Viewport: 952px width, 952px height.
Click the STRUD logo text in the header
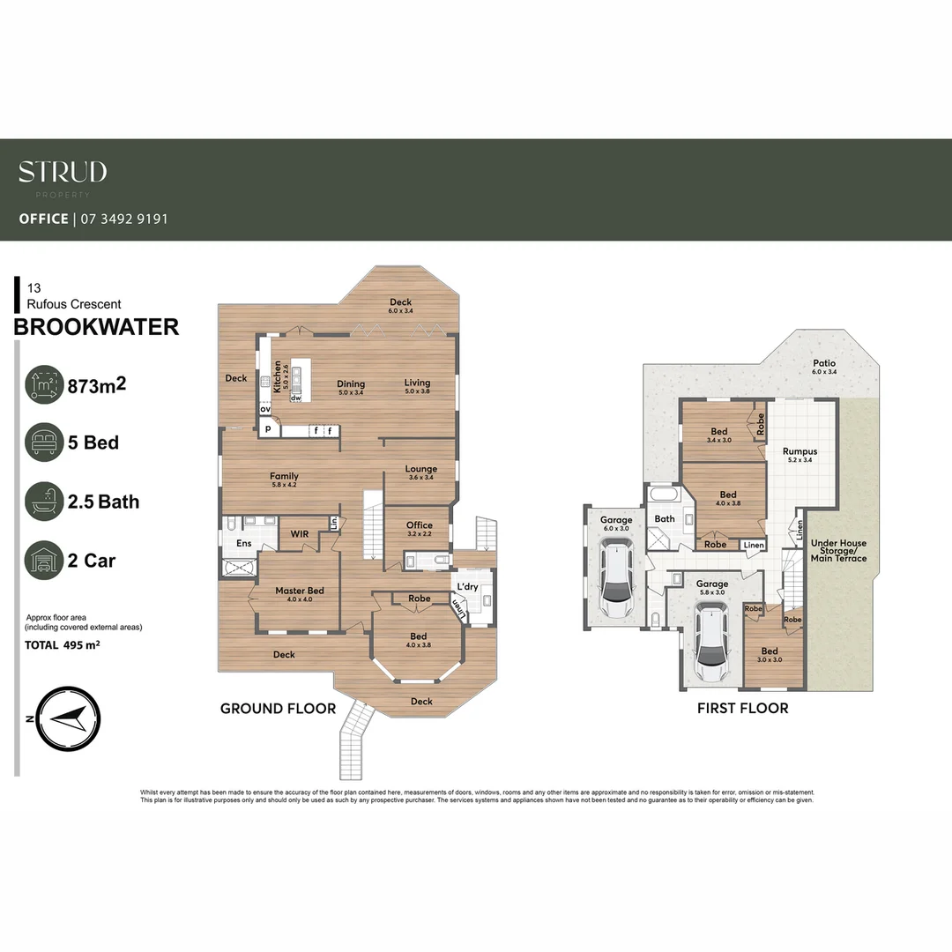click(x=63, y=172)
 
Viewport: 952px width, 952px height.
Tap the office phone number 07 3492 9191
click(x=123, y=219)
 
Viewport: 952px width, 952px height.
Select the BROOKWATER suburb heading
click(x=97, y=327)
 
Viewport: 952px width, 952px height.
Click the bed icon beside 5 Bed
click(x=42, y=442)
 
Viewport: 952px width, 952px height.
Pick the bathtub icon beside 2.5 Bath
click(x=42, y=501)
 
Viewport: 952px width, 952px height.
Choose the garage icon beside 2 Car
click(x=42, y=560)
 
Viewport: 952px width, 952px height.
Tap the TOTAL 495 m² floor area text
click(x=62, y=645)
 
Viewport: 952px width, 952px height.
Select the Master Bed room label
click(x=299, y=591)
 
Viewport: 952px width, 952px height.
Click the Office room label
click(x=420, y=525)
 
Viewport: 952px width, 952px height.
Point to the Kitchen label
click(x=277, y=376)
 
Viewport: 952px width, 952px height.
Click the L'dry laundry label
click(x=467, y=587)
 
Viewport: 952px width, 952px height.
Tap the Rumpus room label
click(x=800, y=451)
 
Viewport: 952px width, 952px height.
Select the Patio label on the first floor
click(x=823, y=363)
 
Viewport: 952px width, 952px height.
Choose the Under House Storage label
click(x=838, y=551)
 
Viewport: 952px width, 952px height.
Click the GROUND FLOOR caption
click(x=278, y=708)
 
